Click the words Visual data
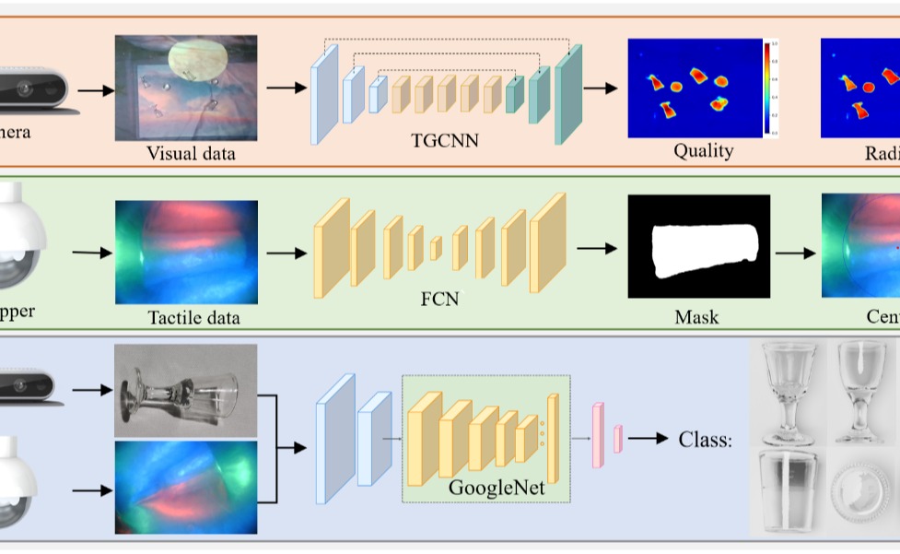pos(191,153)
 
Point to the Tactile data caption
pos(193,318)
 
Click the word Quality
pos(703,150)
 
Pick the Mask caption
pos(696,317)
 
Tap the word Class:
pos(705,440)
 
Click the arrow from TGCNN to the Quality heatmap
pos(600,88)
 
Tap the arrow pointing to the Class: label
pos(648,439)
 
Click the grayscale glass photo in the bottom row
pos(186,390)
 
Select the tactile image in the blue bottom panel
pos(186,487)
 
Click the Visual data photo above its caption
pos(186,87)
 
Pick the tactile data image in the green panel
pos(186,252)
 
